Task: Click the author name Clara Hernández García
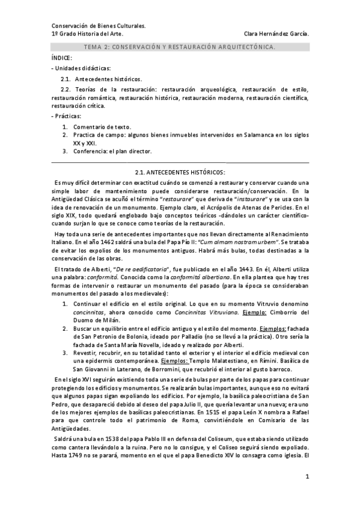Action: click(278, 34)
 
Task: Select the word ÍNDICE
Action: click(61, 58)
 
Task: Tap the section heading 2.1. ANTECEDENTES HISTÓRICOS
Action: click(180, 173)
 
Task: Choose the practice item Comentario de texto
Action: click(102, 127)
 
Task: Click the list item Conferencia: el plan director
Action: click(112, 151)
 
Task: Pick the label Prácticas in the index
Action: click(69, 115)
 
